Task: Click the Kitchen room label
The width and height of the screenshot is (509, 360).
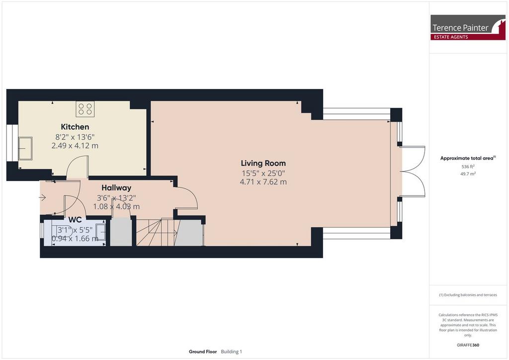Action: (75, 127)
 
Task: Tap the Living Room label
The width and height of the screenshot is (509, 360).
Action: (263, 163)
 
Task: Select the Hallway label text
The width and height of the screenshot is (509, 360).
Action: (116, 187)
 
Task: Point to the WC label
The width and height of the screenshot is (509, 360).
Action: (75, 220)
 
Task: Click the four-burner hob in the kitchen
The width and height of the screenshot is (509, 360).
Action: (85, 109)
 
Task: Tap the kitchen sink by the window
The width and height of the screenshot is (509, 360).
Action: (25, 148)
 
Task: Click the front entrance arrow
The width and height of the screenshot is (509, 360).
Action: (43, 197)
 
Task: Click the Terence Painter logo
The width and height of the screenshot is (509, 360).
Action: (468, 27)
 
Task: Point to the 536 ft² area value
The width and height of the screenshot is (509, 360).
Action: (468, 167)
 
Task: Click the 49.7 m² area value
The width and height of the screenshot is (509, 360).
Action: (468, 174)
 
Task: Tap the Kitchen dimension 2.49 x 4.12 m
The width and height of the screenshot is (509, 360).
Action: (75, 146)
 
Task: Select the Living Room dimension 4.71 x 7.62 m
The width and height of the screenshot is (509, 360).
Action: (263, 182)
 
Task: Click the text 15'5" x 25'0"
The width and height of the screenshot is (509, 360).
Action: (263, 174)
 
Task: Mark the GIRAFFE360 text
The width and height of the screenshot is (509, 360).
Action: (468, 345)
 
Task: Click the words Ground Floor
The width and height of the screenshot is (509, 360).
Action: (203, 352)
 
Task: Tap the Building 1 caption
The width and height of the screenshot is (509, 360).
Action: (232, 352)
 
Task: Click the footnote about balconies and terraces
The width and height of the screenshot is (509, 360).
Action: (468, 295)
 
